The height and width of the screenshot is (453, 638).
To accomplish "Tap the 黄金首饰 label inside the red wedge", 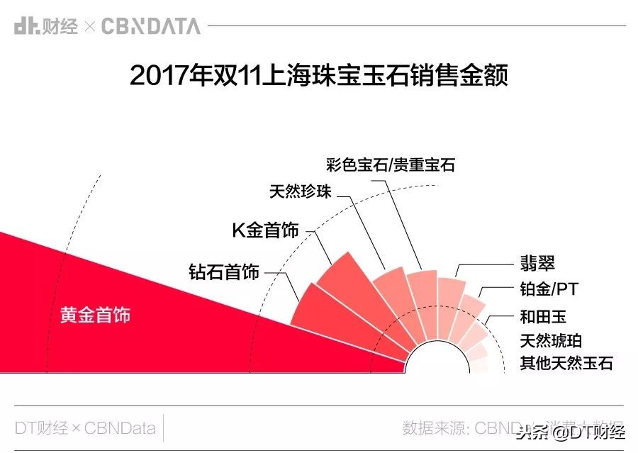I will point(95,315).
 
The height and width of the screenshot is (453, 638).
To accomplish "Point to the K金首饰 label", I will point(266,230).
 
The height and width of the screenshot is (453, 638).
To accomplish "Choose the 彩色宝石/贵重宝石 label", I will point(391,165).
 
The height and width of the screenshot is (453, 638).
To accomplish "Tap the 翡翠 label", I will point(537,264).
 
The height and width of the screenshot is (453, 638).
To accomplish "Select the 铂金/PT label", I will point(549,290).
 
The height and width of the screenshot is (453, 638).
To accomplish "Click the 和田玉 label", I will point(543,316).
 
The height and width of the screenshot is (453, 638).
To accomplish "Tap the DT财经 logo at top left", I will point(45,27).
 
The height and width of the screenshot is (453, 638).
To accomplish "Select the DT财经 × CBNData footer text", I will point(85,428).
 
